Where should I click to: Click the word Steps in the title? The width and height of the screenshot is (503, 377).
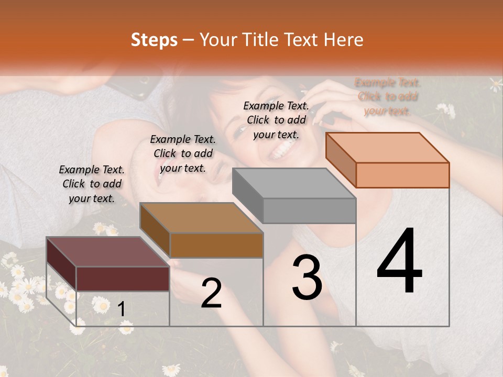tap(154, 40)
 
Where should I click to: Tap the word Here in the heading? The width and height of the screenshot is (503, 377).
tap(343, 40)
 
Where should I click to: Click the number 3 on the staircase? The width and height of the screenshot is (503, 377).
tap(307, 278)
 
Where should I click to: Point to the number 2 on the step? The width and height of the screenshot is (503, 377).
tap(211, 293)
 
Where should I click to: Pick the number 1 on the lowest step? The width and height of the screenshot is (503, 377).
tap(122, 309)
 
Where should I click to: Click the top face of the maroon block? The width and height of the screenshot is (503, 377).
tap(107, 251)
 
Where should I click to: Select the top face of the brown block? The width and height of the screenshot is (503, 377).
tap(201, 217)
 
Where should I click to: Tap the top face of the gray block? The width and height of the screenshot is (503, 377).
tap(294, 183)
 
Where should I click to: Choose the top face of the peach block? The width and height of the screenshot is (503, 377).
tap(388, 147)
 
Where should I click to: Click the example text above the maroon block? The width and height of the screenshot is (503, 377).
tap(92, 184)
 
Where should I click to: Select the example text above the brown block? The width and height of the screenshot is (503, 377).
tap(183, 153)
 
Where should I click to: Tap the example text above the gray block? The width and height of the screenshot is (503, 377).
tap(276, 120)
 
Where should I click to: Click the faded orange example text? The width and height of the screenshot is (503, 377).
tap(388, 96)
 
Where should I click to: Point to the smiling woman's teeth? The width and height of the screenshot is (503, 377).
tap(281, 152)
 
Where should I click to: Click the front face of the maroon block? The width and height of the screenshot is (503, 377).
tap(123, 279)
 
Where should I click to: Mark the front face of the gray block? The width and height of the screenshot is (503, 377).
tap(309, 210)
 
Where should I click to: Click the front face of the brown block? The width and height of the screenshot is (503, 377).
tap(216, 245)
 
